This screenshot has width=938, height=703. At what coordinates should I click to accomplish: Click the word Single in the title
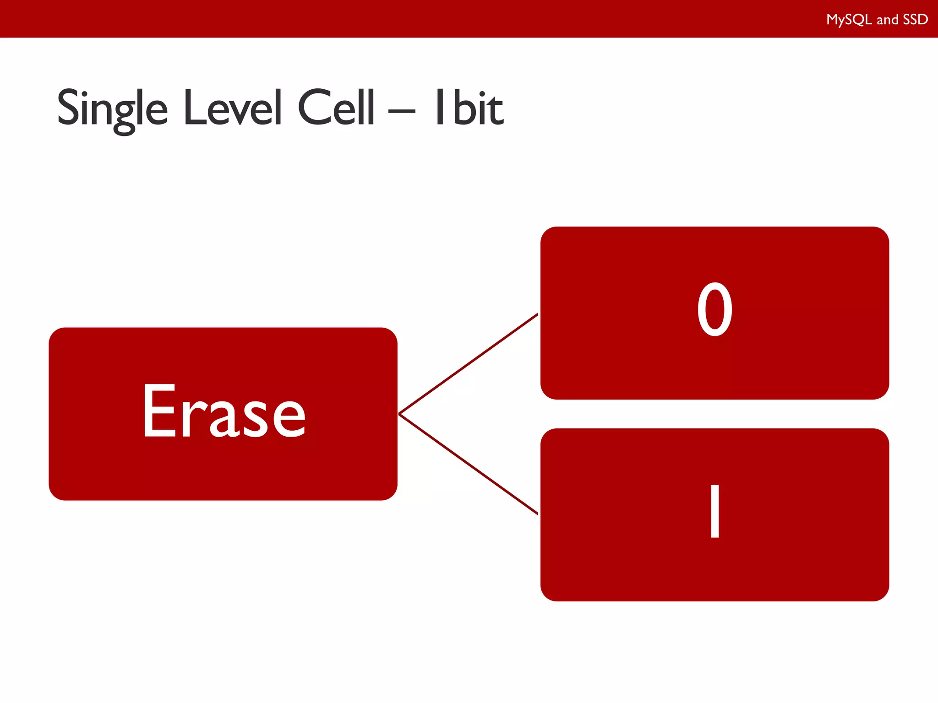click(112, 109)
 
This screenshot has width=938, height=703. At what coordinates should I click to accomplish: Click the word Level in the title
click(232, 108)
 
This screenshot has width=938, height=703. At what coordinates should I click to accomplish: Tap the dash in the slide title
click(402, 111)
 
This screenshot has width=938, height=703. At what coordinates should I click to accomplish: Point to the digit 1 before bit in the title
click(440, 107)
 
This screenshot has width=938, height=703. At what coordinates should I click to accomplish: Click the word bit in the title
click(479, 108)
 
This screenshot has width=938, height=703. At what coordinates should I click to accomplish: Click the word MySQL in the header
click(849, 20)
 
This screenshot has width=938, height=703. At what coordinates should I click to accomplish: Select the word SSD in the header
click(915, 20)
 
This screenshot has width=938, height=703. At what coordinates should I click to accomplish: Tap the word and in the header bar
click(887, 20)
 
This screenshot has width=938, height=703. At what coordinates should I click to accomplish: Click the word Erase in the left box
click(224, 412)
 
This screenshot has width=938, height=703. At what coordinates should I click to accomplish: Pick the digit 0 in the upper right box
click(714, 310)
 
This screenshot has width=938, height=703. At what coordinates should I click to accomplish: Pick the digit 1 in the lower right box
click(714, 511)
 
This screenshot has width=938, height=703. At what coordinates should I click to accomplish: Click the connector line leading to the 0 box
click(468, 364)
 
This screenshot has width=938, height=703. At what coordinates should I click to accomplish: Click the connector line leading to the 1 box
click(468, 464)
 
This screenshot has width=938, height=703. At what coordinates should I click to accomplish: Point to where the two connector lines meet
click(399, 414)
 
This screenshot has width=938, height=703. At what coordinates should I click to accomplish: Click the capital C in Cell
click(313, 108)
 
